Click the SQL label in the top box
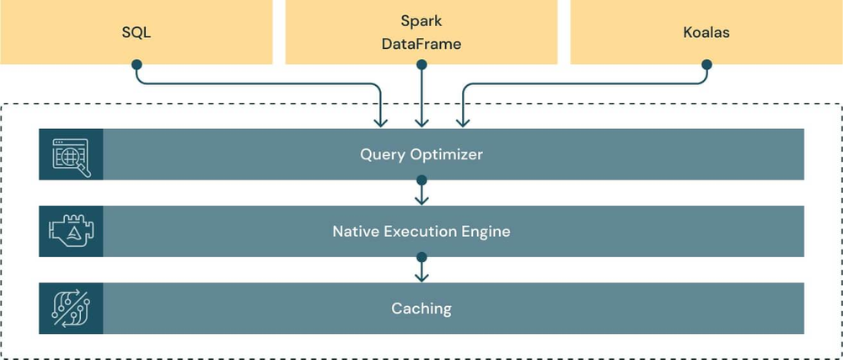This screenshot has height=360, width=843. [x=136, y=35]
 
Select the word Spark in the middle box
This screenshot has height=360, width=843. [x=421, y=20]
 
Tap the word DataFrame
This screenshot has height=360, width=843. [x=421, y=44]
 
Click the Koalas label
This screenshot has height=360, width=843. [x=706, y=35]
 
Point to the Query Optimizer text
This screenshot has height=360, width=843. [x=421, y=154]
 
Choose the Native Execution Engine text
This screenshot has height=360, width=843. [x=421, y=231]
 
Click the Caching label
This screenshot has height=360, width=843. [x=421, y=308]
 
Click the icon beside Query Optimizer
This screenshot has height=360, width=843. [x=71, y=155]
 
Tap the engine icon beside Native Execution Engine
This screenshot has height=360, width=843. [x=71, y=231]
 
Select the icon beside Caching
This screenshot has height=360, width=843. [x=71, y=308]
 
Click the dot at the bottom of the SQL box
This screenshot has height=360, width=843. [x=136, y=64]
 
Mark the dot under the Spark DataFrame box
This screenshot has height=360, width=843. [x=421, y=64]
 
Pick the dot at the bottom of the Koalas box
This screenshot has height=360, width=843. [x=706, y=64]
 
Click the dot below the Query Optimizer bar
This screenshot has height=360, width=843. [x=421, y=180]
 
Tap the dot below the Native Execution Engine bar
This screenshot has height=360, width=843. [x=421, y=256]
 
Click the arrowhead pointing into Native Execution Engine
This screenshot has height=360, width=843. [x=421, y=200]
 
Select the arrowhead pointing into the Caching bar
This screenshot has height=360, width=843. [x=421, y=277]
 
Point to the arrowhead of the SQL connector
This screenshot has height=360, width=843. [x=382, y=123]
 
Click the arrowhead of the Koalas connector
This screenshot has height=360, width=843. [x=461, y=123]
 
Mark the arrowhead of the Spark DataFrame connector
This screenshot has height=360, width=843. [x=421, y=123]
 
